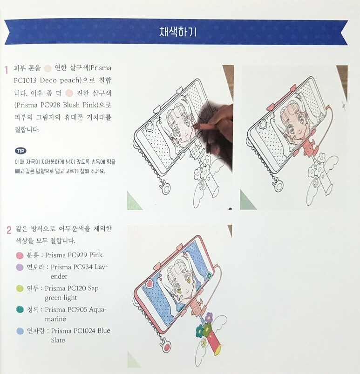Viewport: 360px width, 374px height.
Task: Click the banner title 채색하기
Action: pos(178,32)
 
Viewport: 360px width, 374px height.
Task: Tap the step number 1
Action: pos(7,70)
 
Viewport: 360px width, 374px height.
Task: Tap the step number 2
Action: pos(9,230)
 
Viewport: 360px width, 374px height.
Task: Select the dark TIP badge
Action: pos(20,151)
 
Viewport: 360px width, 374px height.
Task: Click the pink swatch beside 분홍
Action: pos(20,255)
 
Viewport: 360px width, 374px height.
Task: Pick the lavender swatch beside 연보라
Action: pos(20,267)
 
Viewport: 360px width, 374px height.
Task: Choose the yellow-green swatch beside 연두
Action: pos(20,288)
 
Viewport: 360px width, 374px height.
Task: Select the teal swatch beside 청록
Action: pos(20,309)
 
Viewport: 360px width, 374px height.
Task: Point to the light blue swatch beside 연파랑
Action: pos(20,331)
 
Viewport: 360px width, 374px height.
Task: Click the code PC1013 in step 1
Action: pos(25,80)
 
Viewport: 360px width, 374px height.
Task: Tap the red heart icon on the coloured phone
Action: pos(150,284)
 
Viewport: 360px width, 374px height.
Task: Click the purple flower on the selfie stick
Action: pos(209,317)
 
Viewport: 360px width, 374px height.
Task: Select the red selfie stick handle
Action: pos(215,343)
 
